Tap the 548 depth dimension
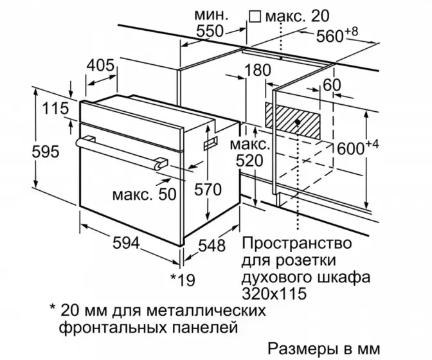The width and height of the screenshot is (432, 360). (212, 246)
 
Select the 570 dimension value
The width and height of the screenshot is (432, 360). (208, 190)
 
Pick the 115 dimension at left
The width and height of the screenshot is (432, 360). (54, 109)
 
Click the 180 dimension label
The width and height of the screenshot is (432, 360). (258, 71)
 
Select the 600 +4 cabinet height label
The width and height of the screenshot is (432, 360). (358, 147)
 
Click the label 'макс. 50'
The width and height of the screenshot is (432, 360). (143, 194)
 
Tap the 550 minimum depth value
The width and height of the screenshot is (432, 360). (210, 31)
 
